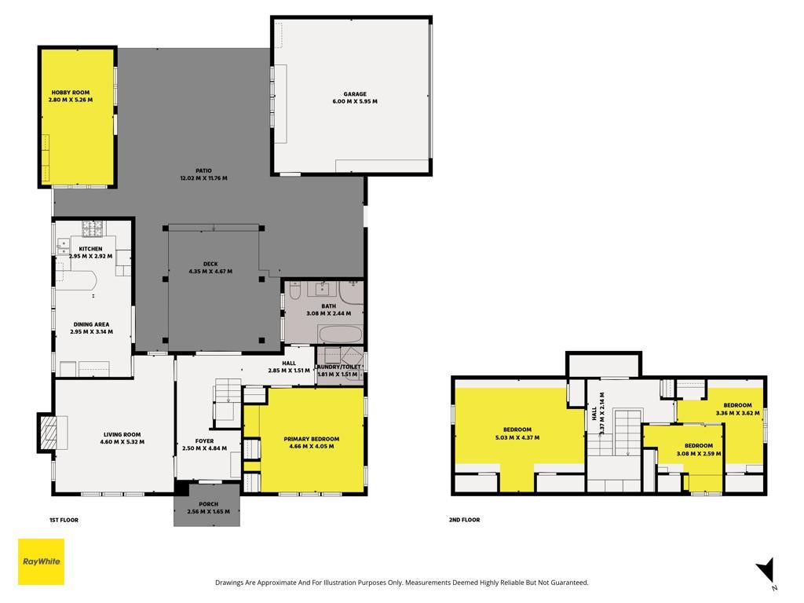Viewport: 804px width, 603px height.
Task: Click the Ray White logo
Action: pyautogui.click(x=41, y=561)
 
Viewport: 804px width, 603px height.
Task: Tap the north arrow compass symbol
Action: pyautogui.click(x=766, y=572)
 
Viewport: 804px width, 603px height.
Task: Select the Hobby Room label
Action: pyautogui.click(x=70, y=93)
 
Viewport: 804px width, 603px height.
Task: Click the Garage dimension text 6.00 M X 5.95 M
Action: pyautogui.click(x=355, y=101)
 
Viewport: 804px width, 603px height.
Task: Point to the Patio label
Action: pyautogui.click(x=203, y=170)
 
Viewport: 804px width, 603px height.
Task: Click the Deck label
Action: pyautogui.click(x=210, y=264)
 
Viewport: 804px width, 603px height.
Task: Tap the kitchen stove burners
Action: pyautogui.click(x=93, y=228)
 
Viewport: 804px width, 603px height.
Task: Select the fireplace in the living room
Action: pyautogui.click(x=50, y=433)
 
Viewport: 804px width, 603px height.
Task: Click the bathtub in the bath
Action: pyautogui.click(x=341, y=334)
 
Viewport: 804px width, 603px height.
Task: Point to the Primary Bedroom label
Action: pyautogui.click(x=311, y=439)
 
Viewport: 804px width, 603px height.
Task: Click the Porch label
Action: pyautogui.click(x=209, y=504)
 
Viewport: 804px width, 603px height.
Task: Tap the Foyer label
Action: pyautogui.click(x=205, y=441)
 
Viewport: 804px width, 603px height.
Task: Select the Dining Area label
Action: pyautogui.click(x=91, y=324)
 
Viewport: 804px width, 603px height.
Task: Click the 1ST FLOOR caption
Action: pyautogui.click(x=64, y=520)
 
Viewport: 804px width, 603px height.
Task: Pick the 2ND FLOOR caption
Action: pyautogui.click(x=465, y=520)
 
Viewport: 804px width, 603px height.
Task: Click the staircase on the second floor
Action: pyautogui.click(x=628, y=433)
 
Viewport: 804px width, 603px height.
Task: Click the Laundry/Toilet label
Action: pyautogui.click(x=338, y=367)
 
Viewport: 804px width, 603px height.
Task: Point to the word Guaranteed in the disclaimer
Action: pyautogui.click(x=572, y=583)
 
